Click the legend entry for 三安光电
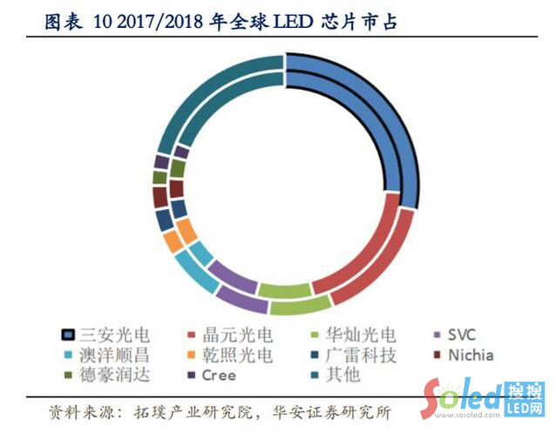click(x=105, y=335)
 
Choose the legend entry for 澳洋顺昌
click(x=105, y=355)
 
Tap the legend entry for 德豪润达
click(x=105, y=375)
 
